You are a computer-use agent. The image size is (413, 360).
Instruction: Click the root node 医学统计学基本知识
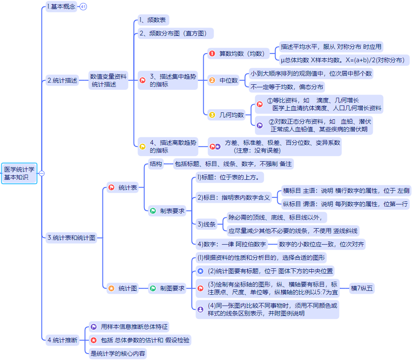19,173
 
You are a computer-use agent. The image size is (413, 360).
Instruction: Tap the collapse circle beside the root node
42,173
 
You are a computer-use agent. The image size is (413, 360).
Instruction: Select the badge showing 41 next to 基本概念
83,6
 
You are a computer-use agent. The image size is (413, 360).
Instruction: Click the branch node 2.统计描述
62,80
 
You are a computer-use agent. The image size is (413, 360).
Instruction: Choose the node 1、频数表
153,20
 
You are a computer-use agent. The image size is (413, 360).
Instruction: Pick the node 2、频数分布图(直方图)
176,33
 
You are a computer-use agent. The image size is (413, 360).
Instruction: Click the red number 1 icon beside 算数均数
212,54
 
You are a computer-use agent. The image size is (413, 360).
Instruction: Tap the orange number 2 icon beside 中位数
212,80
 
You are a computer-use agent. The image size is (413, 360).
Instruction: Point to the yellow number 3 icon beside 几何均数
212,115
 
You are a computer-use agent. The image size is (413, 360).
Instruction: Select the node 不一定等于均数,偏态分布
287,87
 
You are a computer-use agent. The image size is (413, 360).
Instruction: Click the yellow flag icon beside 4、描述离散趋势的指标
143,146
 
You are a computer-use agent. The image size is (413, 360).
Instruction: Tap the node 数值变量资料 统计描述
108,80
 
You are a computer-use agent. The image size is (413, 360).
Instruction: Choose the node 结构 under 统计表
156,164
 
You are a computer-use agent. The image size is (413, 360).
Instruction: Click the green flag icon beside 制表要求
153,211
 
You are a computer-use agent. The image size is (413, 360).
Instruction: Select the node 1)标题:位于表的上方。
230,177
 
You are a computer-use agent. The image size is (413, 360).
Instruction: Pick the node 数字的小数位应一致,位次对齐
321,244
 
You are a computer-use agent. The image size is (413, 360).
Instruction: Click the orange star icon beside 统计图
111,288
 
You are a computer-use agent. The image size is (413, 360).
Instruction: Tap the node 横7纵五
362,288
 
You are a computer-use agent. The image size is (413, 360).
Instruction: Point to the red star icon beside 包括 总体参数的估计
93,340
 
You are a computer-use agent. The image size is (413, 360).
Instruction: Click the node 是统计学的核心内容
118,354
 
